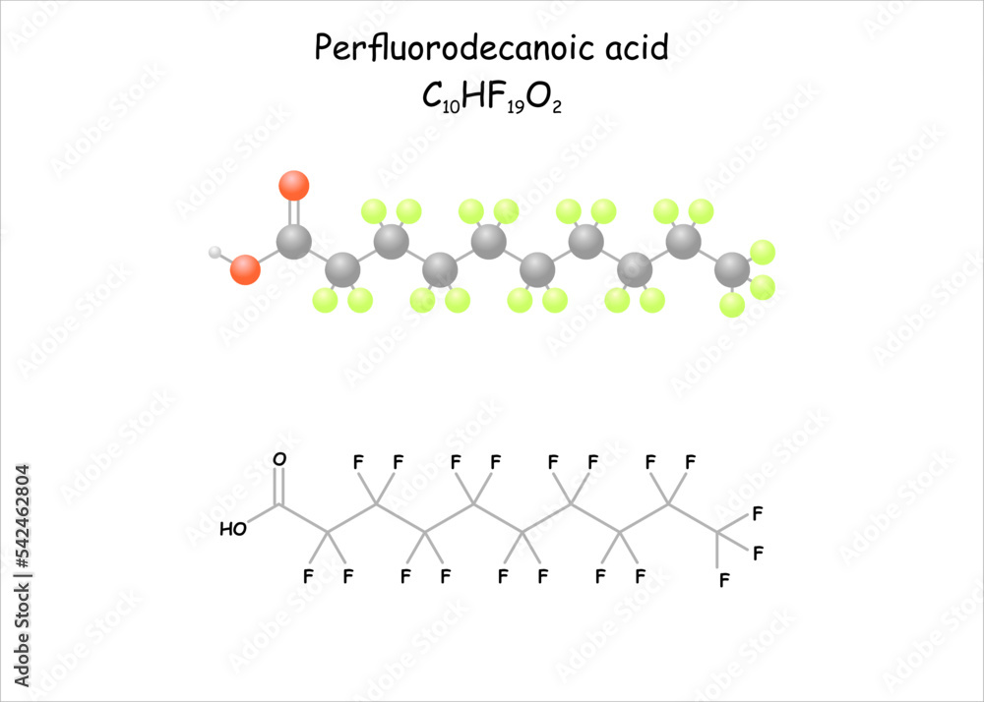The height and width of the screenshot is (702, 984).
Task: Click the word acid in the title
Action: tap(639, 48)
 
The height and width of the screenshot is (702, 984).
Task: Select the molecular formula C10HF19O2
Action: tap(491, 96)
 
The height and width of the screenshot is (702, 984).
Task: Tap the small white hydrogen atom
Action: tap(215, 253)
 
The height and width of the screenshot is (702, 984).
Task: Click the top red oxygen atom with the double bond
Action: tap(293, 185)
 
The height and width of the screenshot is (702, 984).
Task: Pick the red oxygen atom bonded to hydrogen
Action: tap(245, 269)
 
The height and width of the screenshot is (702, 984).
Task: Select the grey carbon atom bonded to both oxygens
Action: tap(293, 242)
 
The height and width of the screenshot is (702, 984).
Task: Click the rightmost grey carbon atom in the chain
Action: tap(731, 268)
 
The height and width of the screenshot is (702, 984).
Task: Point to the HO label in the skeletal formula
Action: tap(233, 529)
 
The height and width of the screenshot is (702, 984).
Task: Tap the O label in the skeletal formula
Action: tap(279, 460)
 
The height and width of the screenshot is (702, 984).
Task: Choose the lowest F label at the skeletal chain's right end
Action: tap(724, 580)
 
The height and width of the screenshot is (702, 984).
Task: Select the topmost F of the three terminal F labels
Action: tap(758, 513)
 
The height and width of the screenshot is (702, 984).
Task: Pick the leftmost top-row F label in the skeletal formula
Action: tap(357, 462)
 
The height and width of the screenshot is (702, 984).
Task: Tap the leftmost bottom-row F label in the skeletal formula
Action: tap(309, 576)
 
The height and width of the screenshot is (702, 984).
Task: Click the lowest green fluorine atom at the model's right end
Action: tap(731, 305)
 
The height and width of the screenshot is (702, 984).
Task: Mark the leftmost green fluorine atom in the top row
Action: tap(373, 210)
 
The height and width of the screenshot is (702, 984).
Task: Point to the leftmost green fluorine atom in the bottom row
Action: tap(326, 300)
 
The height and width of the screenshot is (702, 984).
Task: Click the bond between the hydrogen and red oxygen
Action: tap(228, 261)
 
